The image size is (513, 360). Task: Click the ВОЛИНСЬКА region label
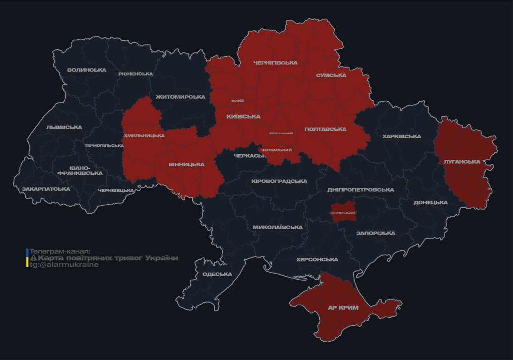(87, 70)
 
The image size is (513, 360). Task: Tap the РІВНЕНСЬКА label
(136, 74)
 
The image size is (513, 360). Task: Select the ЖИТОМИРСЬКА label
(180, 97)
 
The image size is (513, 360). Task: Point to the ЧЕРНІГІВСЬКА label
(275, 63)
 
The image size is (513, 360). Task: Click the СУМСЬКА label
(331, 75)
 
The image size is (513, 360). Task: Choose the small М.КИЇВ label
(237, 101)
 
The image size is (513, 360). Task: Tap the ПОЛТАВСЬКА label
(325, 129)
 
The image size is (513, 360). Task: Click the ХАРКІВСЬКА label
(401, 136)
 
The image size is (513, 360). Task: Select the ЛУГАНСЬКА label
(462, 162)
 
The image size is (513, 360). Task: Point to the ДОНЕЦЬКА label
(430, 202)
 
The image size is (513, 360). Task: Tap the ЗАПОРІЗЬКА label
(376, 233)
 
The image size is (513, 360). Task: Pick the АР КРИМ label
(343, 308)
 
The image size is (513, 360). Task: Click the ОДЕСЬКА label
(217, 274)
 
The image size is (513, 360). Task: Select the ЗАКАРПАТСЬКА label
(46, 189)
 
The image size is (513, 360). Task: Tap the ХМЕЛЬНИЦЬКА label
(144, 135)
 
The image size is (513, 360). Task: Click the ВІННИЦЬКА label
(187, 165)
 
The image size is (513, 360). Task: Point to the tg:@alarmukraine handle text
(64, 265)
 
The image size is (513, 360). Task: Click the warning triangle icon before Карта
(33, 258)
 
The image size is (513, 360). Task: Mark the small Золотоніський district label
(281, 133)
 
